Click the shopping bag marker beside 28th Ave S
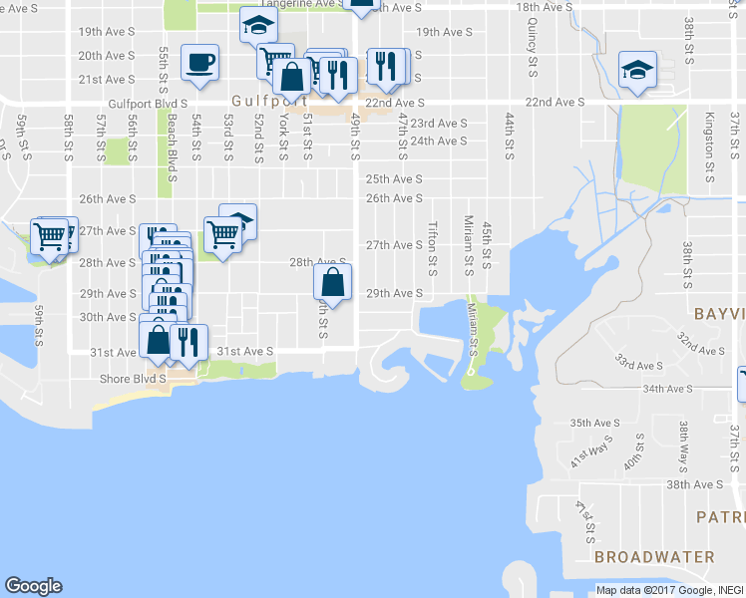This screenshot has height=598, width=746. point(333,282)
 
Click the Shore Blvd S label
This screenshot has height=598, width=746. point(134,379)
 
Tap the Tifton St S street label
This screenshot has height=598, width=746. point(433,248)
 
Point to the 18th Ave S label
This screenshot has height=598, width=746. point(544,7)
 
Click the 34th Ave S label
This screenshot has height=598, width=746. point(668,389)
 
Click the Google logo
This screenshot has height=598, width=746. point(33,586)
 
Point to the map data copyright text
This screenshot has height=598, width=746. point(668,590)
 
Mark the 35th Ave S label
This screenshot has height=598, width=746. point(594,423)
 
